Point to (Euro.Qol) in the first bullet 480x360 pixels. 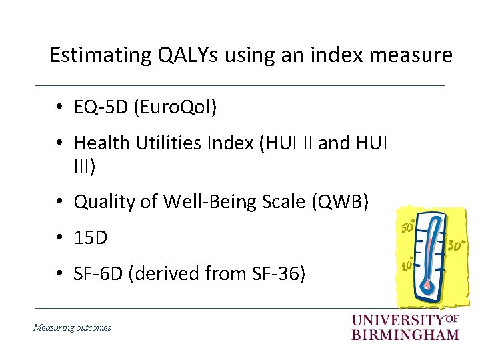(x=175, y=107)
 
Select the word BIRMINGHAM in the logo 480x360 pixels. (x=405, y=335)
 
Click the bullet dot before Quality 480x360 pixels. (x=60, y=201)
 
